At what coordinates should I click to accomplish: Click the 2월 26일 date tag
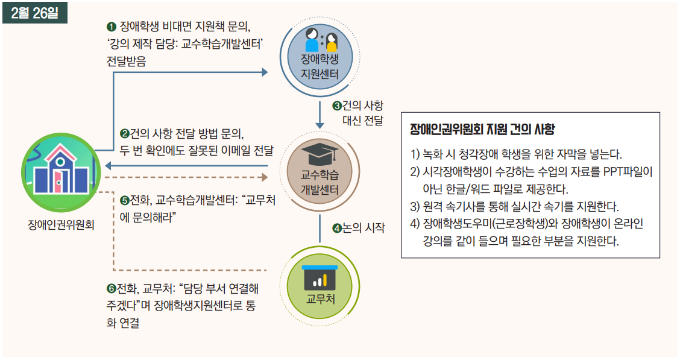[34, 13]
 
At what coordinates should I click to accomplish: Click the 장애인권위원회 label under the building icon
[61, 227]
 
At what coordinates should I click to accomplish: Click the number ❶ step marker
[111, 27]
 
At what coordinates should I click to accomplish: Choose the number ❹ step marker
[338, 229]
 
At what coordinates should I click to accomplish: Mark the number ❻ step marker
[110, 288]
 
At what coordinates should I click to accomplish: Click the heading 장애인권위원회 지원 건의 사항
[482, 130]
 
